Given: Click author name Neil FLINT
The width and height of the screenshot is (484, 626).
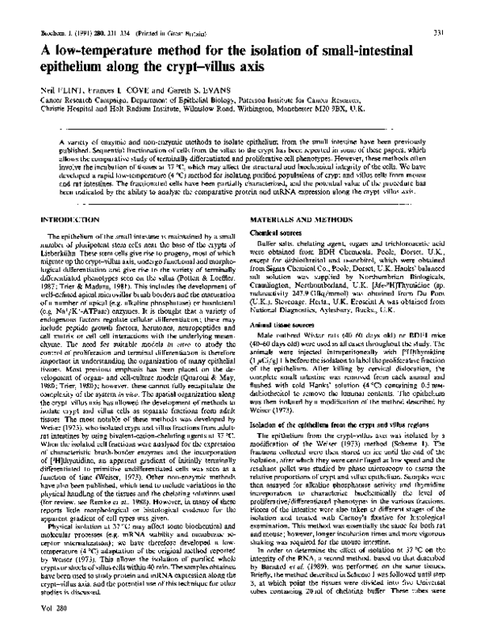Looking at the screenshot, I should pyautogui.click(x=62, y=91).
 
